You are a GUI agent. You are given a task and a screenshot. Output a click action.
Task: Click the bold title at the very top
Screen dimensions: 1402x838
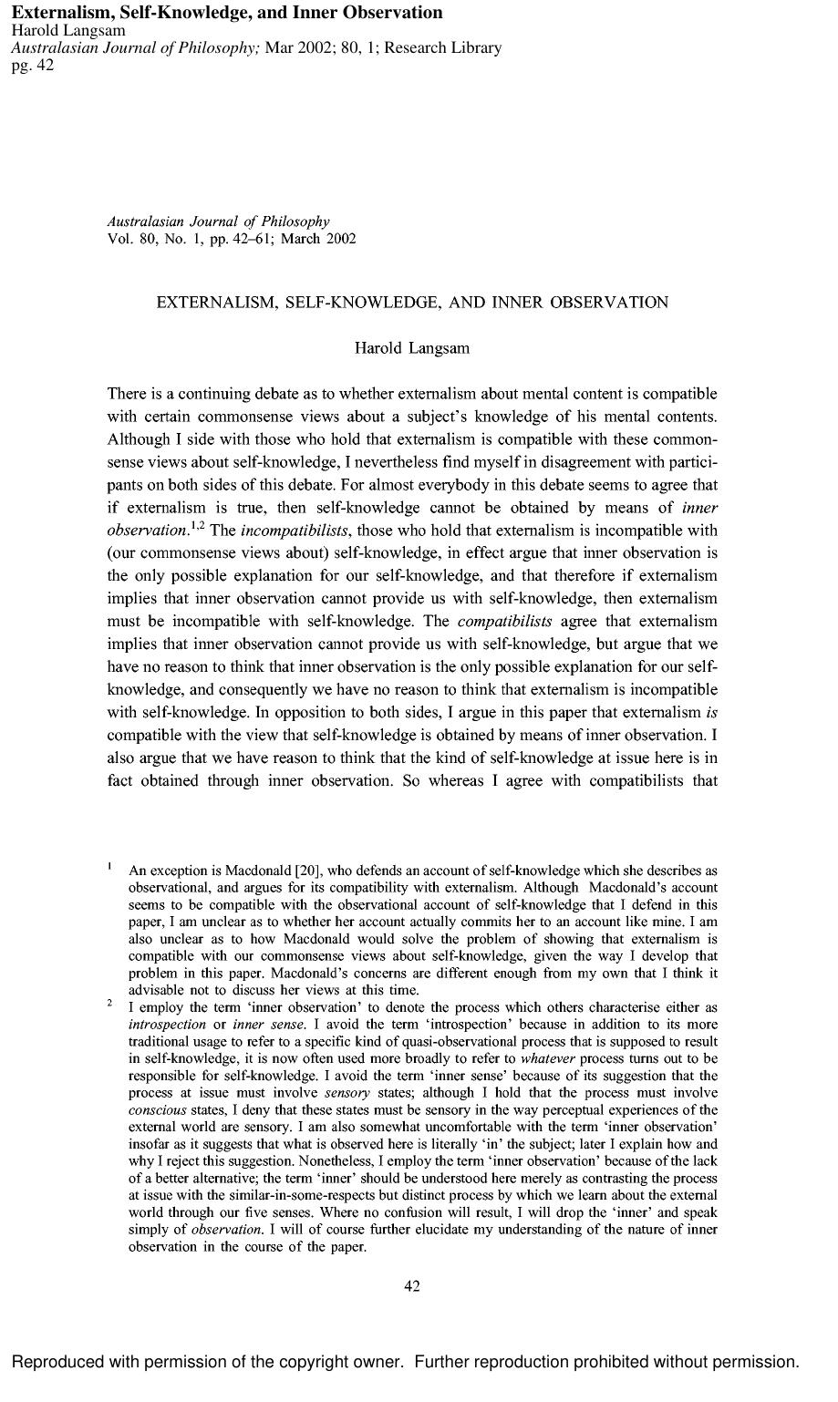click(227, 12)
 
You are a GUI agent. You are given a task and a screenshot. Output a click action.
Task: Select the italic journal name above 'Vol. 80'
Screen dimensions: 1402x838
click(218, 222)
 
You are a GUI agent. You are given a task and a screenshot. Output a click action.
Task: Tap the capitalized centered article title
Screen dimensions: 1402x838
click(412, 302)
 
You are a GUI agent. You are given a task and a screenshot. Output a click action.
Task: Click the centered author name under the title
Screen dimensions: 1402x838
click(412, 347)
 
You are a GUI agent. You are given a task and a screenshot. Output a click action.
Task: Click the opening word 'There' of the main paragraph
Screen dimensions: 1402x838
click(127, 394)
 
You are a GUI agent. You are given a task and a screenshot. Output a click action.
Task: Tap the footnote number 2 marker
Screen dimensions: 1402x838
click(109, 1002)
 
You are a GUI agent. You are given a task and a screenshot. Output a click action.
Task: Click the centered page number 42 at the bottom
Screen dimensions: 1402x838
click(411, 1286)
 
